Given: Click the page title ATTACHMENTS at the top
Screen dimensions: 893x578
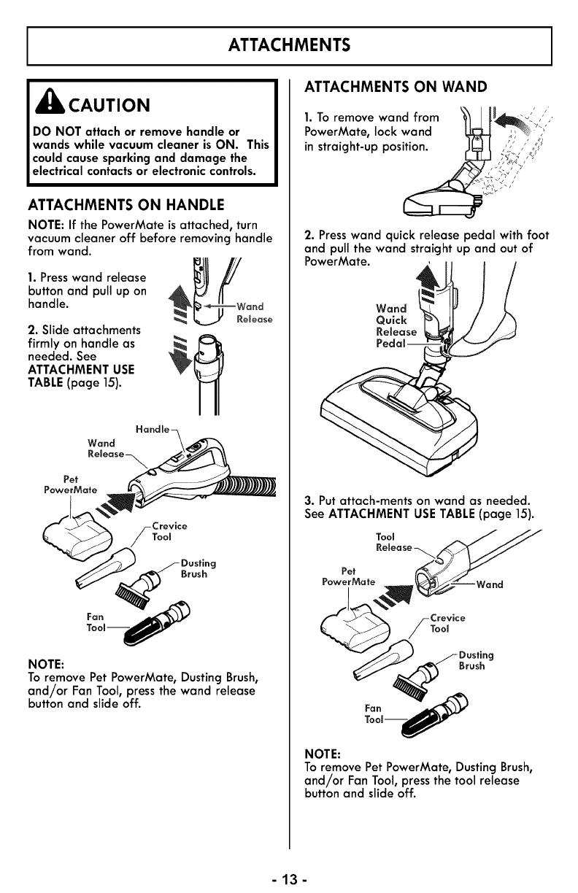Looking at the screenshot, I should (289, 45).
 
